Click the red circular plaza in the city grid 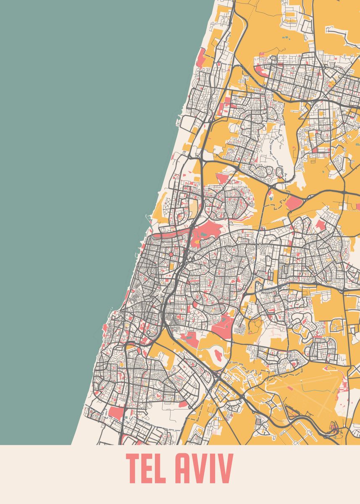[171, 254]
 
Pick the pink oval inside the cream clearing [218, 354]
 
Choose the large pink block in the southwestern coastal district [116, 412]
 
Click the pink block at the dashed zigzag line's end [294, 203]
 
